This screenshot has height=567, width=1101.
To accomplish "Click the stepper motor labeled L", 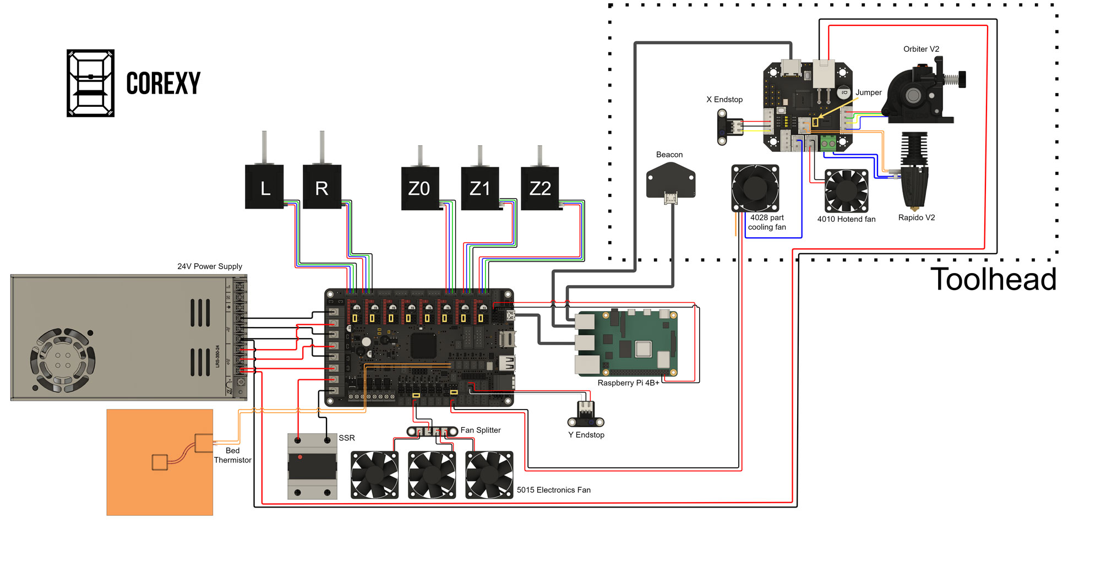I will coord(264,187).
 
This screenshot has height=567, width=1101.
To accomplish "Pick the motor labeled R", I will coord(322,187).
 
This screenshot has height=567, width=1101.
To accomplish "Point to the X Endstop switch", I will coord(727,127).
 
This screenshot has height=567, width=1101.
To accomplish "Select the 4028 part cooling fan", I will coord(755,188).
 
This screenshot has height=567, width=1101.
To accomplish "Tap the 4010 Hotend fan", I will coord(846,191).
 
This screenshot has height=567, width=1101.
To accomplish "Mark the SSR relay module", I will coord(312,466).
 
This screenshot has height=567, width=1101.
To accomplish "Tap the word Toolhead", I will coord(993,279).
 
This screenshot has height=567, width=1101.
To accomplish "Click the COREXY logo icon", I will coord(90,83).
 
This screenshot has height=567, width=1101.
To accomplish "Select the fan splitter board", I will coord(432,432).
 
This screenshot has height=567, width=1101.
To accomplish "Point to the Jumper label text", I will coord(868,92).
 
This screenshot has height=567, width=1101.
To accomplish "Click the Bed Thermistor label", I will coord(232,455).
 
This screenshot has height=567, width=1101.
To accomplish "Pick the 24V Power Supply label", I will coord(209,266).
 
